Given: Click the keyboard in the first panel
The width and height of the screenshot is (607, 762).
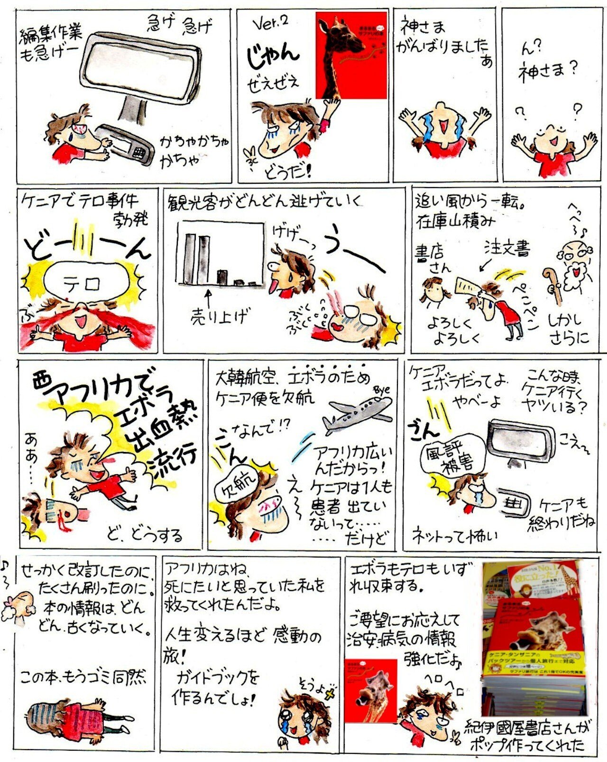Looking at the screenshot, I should [x=127, y=143].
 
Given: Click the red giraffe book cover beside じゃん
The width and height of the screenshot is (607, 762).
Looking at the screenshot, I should [x=351, y=55].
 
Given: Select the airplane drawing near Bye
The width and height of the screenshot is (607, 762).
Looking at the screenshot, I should [x=358, y=413].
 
